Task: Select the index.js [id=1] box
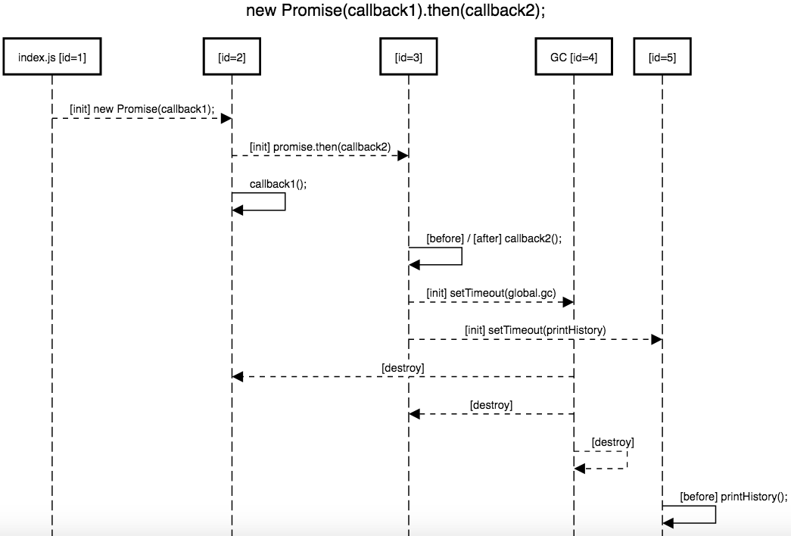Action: pyautogui.click(x=51, y=57)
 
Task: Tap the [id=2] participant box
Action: pyautogui.click(x=232, y=57)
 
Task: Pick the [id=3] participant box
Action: pyautogui.click(x=409, y=57)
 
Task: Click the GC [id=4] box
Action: pyautogui.click(x=574, y=57)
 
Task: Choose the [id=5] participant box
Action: pyautogui.click(x=662, y=57)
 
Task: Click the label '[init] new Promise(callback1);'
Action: pyautogui.click(x=142, y=108)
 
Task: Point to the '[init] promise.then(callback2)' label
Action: pyautogui.click(x=320, y=146)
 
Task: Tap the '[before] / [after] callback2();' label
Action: pyautogui.click(x=494, y=238)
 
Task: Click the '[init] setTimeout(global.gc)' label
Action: pyautogui.click(x=490, y=292)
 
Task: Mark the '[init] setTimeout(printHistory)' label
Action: pyautogui.click(x=536, y=330)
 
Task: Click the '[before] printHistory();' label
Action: pyautogui.click(x=733, y=497)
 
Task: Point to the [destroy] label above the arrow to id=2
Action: pyautogui.click(x=403, y=367)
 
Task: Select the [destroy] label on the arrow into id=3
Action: pyautogui.click(x=491, y=405)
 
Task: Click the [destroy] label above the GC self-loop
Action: pyautogui.click(x=612, y=441)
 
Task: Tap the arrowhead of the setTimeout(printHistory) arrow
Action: pyautogui.click(x=657, y=340)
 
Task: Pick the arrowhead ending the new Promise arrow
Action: pyautogui.click(x=226, y=118)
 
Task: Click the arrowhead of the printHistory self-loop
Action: pyautogui.click(x=668, y=522)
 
